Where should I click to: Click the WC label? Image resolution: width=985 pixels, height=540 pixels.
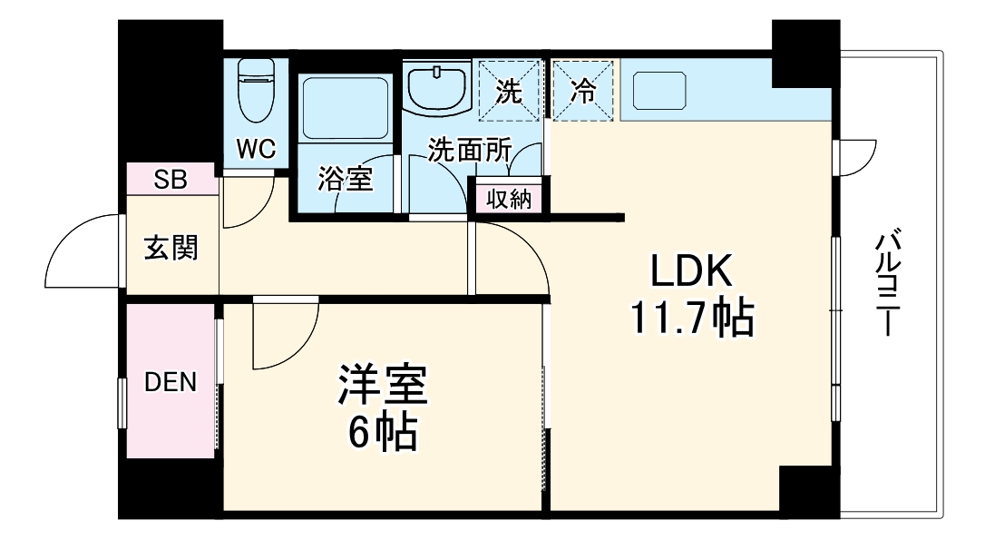point(257,148)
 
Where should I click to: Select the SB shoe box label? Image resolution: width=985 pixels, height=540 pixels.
point(170,180)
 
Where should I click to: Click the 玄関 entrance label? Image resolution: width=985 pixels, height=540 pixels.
point(171,247)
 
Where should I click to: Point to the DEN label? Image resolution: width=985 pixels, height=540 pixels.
point(171,382)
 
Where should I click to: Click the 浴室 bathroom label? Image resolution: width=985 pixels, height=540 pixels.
point(345,180)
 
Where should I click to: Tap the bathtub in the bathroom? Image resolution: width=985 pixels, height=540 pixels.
point(345,107)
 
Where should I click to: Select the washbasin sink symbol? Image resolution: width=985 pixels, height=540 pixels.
point(437,86)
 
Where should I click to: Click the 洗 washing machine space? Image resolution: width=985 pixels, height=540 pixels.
point(511,91)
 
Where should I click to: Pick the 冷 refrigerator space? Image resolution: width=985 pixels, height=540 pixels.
point(583,91)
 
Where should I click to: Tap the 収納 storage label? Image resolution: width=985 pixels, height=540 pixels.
point(508,199)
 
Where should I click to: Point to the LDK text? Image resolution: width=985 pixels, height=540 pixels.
point(689,270)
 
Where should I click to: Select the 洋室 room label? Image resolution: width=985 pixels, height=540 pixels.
point(382,386)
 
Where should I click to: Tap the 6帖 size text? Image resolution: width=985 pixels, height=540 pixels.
point(382,435)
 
